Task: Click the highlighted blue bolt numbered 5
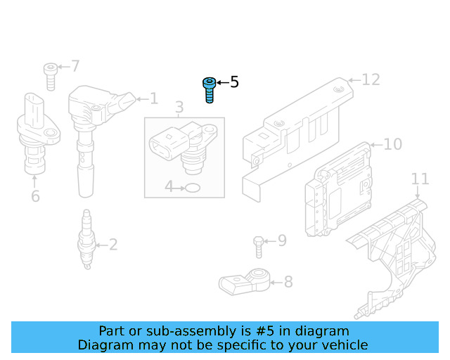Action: click(209, 90)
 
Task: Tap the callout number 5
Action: click(234, 83)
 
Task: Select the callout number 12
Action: click(371, 79)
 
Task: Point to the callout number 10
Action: click(392, 145)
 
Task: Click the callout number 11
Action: click(420, 179)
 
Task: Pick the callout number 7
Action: click(75, 67)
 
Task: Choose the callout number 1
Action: click(154, 99)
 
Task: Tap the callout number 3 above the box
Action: click(179, 108)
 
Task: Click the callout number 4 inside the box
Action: click(169, 187)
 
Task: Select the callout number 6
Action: click(35, 196)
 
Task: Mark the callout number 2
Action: click(112, 245)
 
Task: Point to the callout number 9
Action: click(281, 241)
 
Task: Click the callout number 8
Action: click(288, 283)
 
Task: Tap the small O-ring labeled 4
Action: click(192, 188)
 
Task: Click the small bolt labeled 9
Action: click(258, 247)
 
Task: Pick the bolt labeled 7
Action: click(50, 75)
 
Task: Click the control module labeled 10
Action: click(337, 190)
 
